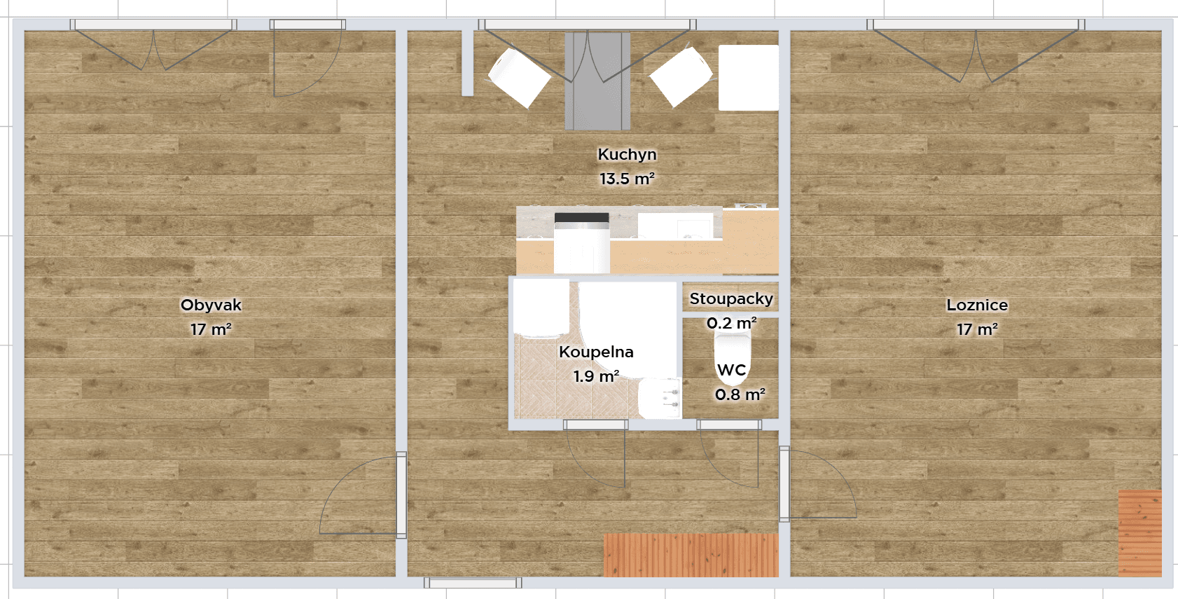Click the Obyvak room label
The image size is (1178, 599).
click(211, 305)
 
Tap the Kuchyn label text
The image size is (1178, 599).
click(627, 154)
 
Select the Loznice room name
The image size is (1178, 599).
click(977, 305)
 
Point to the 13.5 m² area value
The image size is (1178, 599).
click(627, 179)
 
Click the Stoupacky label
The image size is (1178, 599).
click(731, 298)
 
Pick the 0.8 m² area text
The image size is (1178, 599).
click(740, 394)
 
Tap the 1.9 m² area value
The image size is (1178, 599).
click(596, 376)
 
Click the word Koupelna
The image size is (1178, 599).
click(596, 352)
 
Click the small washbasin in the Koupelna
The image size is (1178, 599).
click(659, 398)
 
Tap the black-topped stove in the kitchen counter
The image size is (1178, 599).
click(581, 242)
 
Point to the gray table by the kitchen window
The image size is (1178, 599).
click(597, 81)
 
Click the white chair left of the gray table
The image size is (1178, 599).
click(519, 76)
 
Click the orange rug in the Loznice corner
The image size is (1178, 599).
click(1139, 532)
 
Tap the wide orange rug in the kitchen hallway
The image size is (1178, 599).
click(691, 555)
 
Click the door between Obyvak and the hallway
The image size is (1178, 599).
click(401, 495)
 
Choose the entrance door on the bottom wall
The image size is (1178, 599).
click(473, 583)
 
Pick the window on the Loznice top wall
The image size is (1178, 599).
click(976, 25)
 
